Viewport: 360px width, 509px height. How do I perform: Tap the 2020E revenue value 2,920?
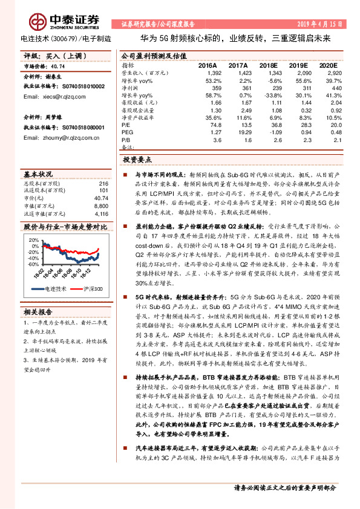pos(328,72)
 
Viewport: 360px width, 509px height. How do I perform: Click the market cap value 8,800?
pos(100,206)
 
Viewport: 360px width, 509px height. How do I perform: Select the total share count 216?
pos(103,183)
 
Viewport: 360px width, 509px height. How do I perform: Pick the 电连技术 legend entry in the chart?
pos(54,289)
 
